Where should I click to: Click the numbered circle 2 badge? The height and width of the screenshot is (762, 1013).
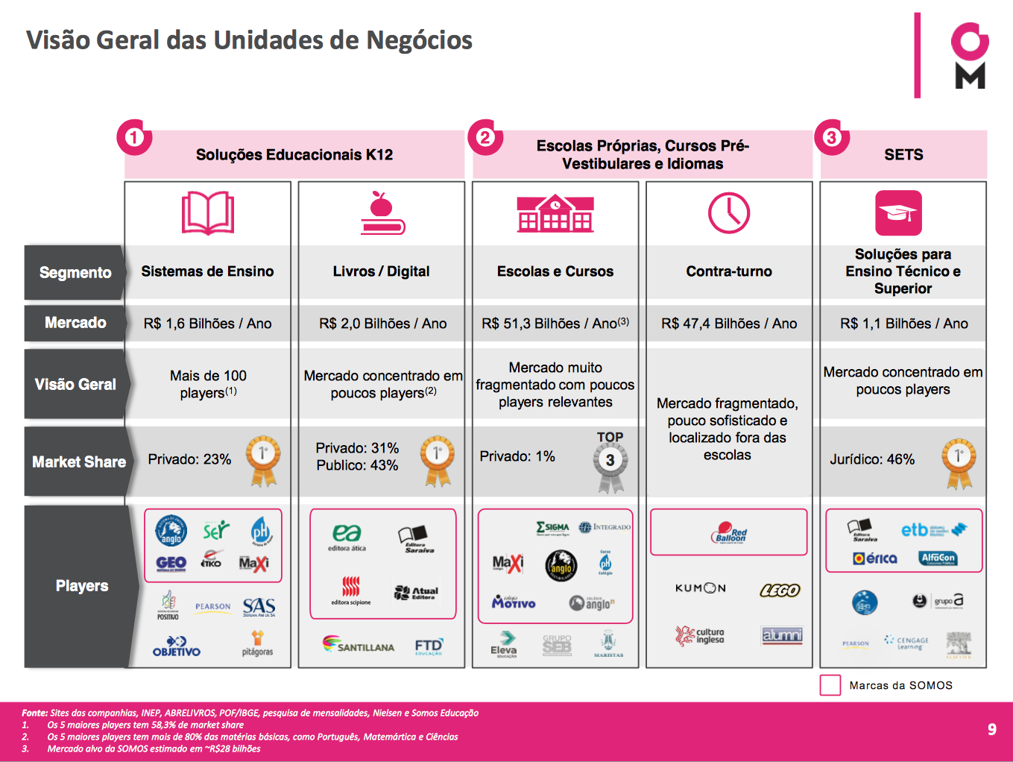point(485,137)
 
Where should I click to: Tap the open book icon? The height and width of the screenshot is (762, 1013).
point(208,213)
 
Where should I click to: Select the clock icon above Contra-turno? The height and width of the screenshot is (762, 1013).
point(728,213)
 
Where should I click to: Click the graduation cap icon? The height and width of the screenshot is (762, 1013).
point(898,213)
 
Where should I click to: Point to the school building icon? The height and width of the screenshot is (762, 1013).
point(555,213)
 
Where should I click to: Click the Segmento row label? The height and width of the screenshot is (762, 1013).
point(75,273)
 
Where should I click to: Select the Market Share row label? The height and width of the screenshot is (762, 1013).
point(78,462)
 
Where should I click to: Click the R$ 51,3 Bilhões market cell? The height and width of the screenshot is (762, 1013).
point(555,324)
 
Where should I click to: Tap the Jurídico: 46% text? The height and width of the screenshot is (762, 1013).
point(872,459)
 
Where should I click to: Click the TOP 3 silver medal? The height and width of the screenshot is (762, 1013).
point(610,462)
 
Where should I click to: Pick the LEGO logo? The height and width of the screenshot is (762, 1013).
point(780,591)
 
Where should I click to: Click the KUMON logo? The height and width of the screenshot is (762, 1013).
point(700,588)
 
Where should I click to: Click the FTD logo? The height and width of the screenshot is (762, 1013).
point(429,646)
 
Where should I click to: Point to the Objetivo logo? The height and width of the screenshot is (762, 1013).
point(177,646)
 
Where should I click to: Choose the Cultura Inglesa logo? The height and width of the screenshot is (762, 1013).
point(700,635)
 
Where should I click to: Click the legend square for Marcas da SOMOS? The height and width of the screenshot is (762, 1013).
point(830,685)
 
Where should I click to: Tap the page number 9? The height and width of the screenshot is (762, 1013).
point(991,729)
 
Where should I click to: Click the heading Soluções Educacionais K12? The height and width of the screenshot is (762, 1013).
point(294,155)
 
